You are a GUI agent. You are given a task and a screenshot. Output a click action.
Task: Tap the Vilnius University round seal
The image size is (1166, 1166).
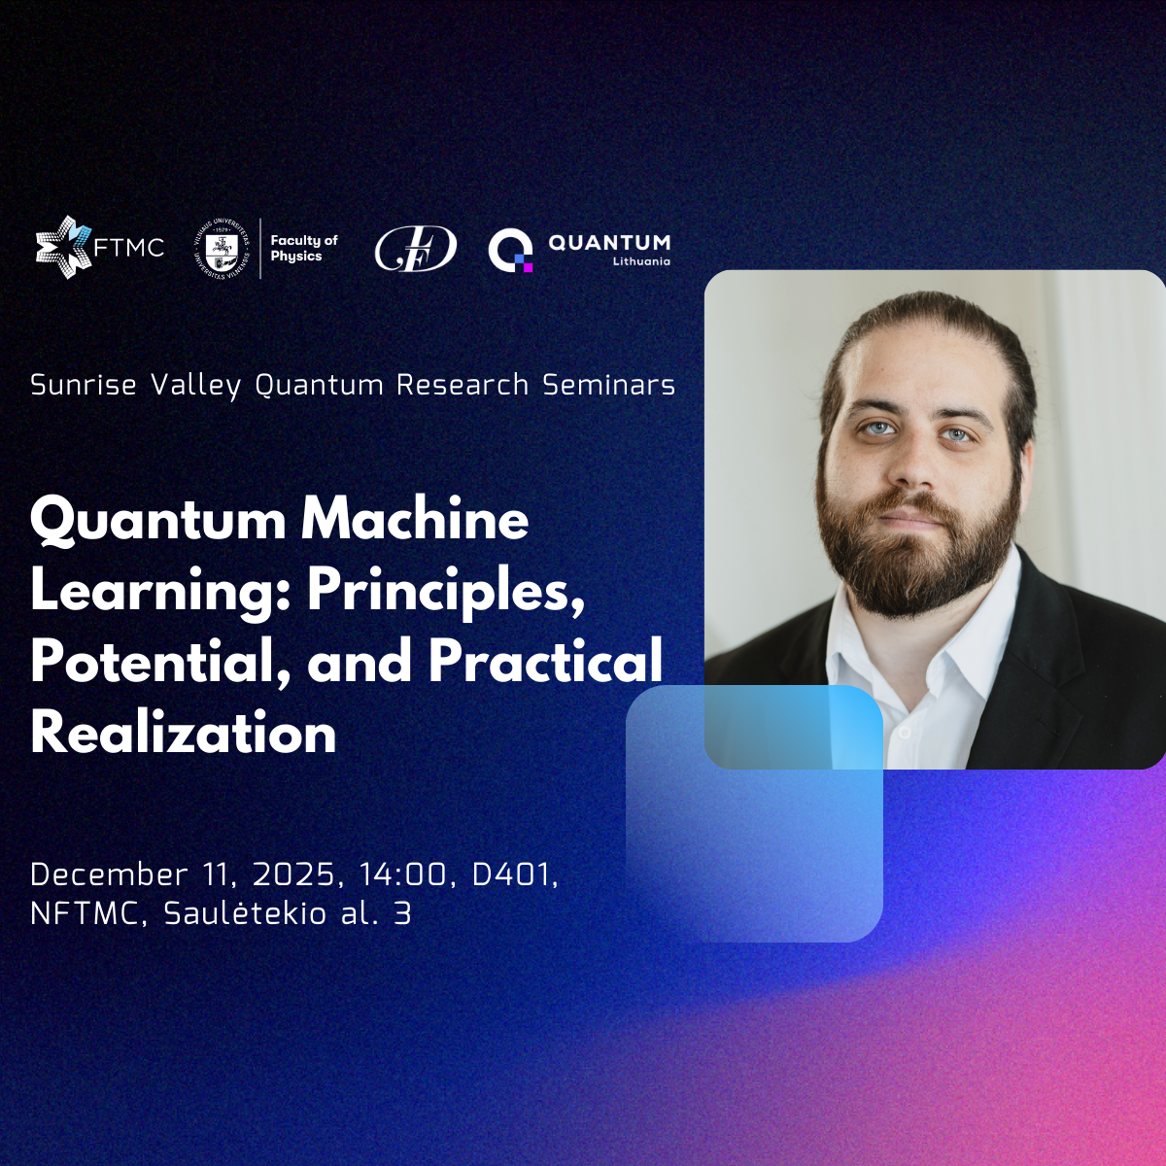223,248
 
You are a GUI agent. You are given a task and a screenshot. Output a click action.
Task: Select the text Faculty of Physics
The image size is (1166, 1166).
302,248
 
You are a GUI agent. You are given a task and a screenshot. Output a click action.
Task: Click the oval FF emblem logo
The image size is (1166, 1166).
415,249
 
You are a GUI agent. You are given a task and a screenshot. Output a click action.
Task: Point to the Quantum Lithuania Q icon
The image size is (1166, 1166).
510,250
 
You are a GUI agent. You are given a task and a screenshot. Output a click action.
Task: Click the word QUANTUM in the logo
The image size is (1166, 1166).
609,242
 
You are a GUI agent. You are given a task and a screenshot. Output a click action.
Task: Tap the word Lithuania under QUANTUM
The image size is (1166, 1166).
641,261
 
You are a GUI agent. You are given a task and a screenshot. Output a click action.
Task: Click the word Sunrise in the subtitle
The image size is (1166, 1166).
84,385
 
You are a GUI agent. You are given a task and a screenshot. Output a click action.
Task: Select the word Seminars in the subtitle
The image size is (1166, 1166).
608,385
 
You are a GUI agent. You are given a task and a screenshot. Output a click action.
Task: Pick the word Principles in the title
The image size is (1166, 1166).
445,590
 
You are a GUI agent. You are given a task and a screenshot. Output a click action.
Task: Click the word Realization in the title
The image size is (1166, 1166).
184,733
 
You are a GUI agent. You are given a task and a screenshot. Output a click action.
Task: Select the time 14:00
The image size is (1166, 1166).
403,874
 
